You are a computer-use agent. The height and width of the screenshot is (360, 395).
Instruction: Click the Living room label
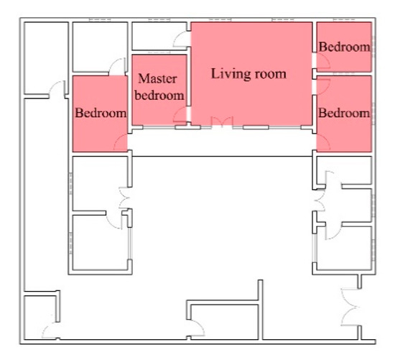[248, 74]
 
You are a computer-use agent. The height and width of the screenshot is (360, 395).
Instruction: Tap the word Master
[157, 78]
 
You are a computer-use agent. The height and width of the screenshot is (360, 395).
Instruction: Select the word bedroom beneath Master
[159, 96]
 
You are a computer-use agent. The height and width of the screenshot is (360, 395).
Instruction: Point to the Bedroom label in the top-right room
[344, 47]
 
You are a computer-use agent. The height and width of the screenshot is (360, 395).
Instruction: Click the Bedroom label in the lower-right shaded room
[344, 113]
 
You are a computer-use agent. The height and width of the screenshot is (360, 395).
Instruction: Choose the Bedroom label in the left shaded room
[101, 113]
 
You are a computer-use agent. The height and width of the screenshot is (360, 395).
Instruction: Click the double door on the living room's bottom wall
[222, 122]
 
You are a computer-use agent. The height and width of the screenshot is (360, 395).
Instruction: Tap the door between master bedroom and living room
[180, 115]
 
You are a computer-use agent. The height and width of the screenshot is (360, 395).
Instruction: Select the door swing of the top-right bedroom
[323, 61]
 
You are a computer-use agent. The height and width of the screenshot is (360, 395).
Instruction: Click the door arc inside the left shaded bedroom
[121, 142]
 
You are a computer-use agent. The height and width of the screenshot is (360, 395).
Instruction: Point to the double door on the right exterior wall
[350, 307]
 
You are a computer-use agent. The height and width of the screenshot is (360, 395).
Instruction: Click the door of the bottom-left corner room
[50, 331]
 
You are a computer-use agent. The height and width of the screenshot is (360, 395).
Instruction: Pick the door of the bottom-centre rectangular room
[197, 328]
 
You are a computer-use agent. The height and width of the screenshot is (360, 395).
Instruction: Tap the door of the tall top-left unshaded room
[57, 88]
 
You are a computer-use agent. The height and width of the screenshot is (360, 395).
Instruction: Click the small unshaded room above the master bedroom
[159, 36]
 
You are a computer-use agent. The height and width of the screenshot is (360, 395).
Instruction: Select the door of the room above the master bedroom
[180, 39]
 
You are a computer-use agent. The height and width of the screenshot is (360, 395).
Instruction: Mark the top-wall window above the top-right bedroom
[344, 19]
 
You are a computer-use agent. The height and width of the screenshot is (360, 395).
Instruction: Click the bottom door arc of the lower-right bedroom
[323, 142]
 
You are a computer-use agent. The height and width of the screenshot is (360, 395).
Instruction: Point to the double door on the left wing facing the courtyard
[125, 198]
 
